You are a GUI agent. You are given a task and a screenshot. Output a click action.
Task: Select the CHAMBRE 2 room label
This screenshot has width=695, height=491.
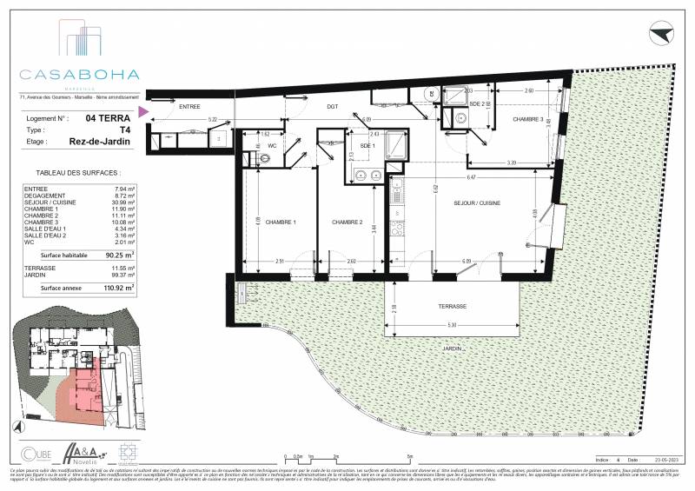pos(348,222)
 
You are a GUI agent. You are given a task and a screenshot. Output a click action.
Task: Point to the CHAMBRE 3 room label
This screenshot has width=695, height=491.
pos(527,119)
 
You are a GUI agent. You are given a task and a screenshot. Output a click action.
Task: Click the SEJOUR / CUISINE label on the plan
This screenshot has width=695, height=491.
pos(473,203)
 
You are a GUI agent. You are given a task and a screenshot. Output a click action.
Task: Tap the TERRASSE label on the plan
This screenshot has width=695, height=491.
pos(453,307)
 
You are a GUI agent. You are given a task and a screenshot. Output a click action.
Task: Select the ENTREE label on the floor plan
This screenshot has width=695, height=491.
pos(189,106)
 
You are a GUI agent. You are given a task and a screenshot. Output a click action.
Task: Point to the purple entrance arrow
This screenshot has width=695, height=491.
pos(144,111)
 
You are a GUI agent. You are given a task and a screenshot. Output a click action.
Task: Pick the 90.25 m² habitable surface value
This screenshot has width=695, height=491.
pos(119,255)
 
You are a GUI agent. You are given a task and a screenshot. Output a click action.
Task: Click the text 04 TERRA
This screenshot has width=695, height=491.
pos(109,117)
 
